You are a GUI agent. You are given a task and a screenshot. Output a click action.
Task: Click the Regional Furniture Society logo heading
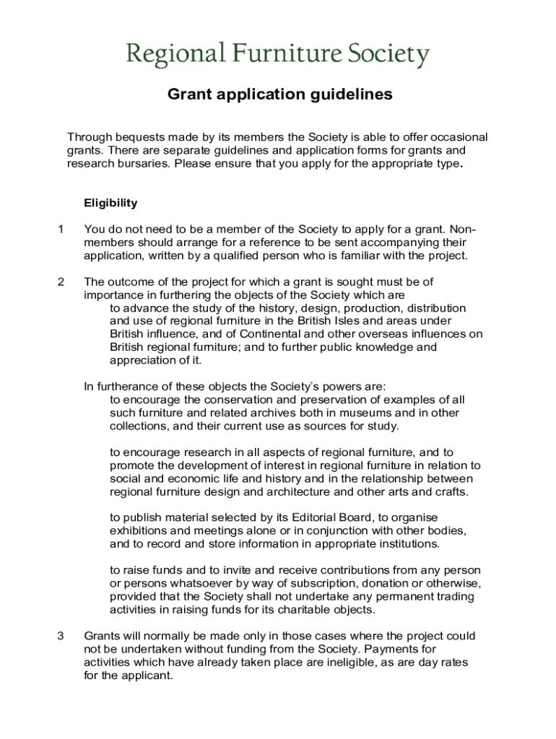[278, 54]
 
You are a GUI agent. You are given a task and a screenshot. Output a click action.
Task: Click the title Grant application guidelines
[280, 95]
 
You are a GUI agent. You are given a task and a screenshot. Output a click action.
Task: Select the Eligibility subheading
[110, 203]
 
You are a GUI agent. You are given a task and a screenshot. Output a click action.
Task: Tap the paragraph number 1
[61, 229]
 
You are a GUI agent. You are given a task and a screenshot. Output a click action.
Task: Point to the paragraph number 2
[61, 281]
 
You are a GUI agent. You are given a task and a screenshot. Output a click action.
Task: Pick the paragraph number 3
[61, 636]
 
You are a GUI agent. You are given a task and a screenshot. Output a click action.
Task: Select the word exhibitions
[140, 530]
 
